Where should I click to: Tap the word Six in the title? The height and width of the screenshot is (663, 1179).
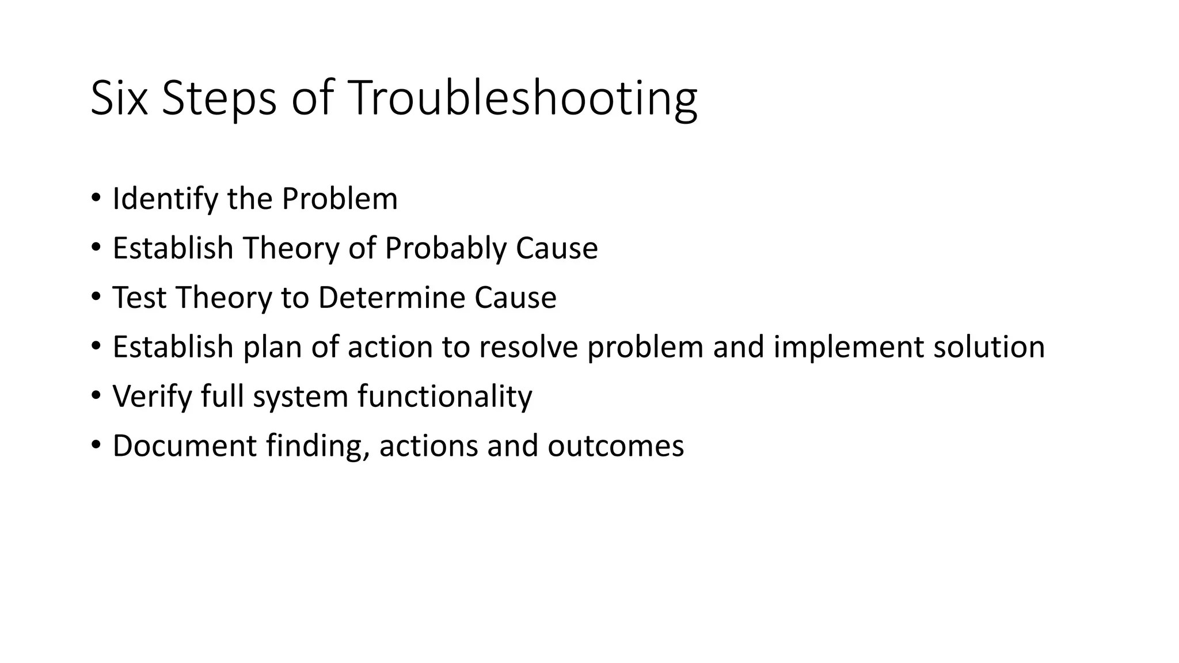(x=119, y=99)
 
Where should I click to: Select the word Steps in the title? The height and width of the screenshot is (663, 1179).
(x=219, y=99)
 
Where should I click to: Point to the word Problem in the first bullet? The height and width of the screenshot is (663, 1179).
(x=340, y=199)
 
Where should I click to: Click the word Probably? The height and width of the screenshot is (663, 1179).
(x=445, y=249)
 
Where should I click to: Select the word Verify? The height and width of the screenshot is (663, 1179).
(x=152, y=397)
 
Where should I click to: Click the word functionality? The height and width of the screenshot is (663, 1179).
(x=444, y=397)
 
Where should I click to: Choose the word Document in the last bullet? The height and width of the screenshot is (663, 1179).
(x=184, y=446)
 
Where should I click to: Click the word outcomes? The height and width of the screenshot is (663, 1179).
(x=615, y=446)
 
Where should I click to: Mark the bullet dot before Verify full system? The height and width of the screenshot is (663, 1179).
(x=96, y=396)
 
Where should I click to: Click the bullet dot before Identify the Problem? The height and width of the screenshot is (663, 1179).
(x=96, y=198)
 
